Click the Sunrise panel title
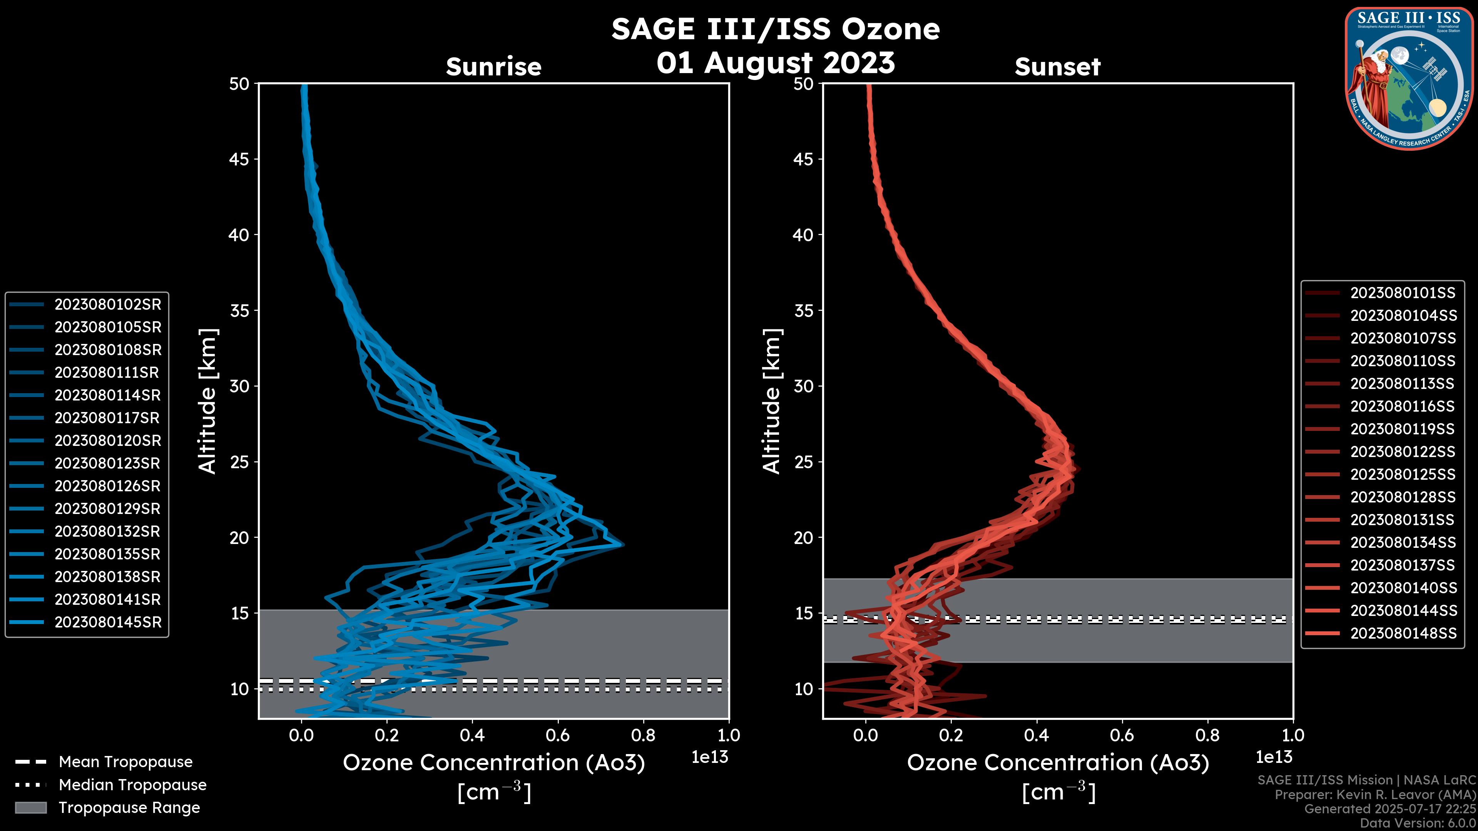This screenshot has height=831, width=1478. (493, 67)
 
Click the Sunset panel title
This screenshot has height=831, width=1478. (1057, 67)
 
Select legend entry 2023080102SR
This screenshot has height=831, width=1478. (108, 305)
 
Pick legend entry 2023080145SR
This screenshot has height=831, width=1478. (108, 622)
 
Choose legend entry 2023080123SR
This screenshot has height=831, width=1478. (108, 463)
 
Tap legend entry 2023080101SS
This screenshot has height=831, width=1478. (1403, 293)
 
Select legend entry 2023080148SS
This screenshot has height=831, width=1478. (1403, 633)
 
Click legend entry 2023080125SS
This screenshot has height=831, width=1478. (1403, 475)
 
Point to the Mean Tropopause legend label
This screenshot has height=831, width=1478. (125, 762)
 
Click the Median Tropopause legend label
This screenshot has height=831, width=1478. (132, 785)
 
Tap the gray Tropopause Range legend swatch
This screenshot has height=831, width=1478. (30, 808)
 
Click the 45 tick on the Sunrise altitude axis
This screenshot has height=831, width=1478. (239, 159)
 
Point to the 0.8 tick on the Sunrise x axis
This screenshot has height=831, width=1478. (643, 735)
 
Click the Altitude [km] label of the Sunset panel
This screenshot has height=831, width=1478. (772, 401)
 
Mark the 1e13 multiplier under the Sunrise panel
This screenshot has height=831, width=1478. (710, 758)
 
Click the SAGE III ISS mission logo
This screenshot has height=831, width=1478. (1409, 78)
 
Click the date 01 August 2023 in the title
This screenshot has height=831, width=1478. (775, 63)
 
